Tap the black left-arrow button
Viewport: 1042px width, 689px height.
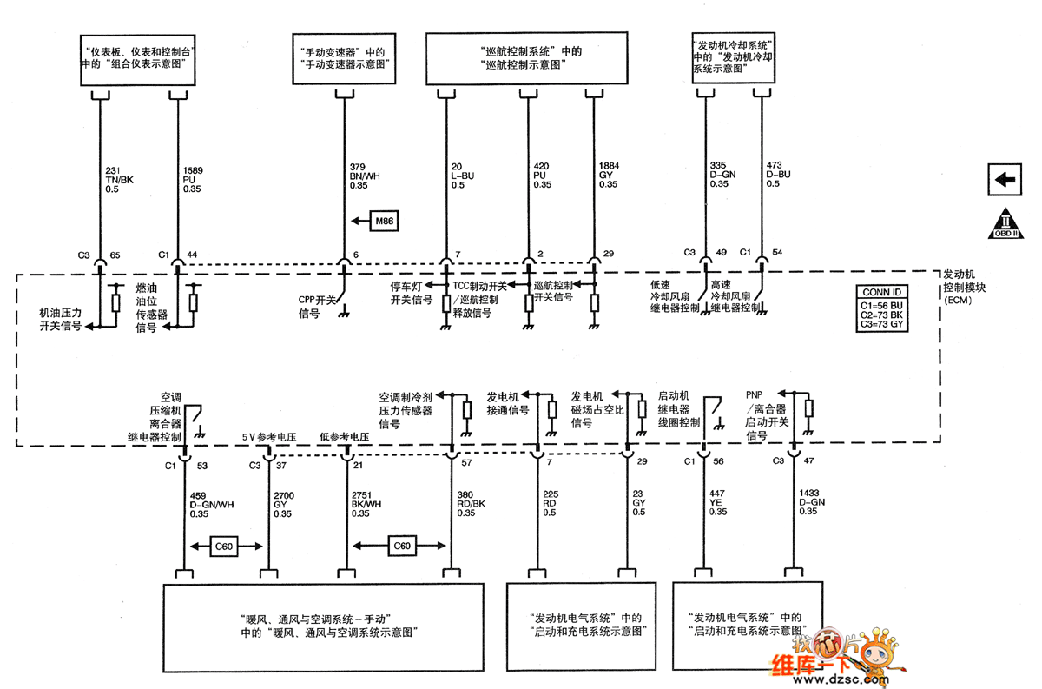click(1005, 180)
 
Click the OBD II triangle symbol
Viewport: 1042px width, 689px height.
click(1005, 224)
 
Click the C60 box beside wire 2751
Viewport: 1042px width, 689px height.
click(402, 547)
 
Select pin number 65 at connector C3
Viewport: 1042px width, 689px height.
click(115, 254)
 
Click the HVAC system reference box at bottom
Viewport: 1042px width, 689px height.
click(324, 626)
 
